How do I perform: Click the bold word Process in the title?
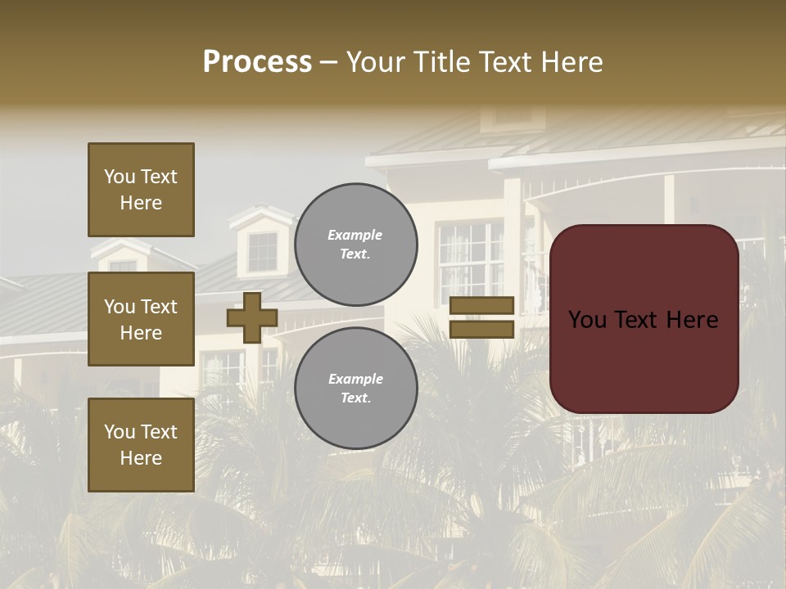click(257, 62)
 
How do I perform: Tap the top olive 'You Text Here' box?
click(141, 190)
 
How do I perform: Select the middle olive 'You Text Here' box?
click(141, 319)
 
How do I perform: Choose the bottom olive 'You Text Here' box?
click(141, 444)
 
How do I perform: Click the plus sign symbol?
click(252, 317)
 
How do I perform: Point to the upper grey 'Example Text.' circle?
click(355, 244)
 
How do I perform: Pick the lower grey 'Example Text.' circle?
click(355, 388)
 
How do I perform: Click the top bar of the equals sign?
click(482, 306)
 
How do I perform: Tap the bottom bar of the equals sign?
click(482, 329)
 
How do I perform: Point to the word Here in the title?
click(572, 62)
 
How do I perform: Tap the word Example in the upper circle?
click(355, 235)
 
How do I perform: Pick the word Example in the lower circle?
click(355, 379)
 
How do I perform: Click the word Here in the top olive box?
click(141, 203)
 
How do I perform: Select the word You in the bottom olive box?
click(120, 431)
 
